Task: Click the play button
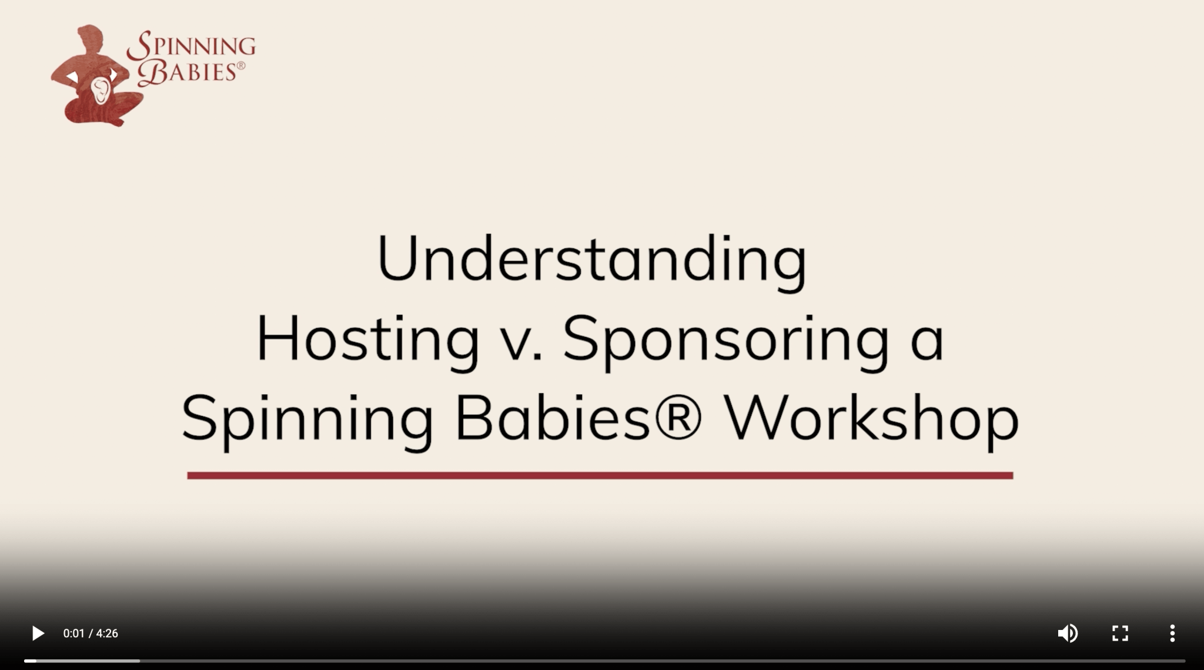point(38,634)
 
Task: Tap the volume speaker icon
point(1067,634)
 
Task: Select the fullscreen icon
point(1120,634)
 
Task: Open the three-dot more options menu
point(1172,634)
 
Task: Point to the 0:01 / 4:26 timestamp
point(91,634)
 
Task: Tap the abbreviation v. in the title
point(518,341)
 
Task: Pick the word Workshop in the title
point(871,419)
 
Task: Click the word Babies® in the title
point(578,419)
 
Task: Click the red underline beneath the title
point(600,475)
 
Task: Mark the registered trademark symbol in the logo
point(241,66)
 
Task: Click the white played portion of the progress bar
point(30,661)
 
